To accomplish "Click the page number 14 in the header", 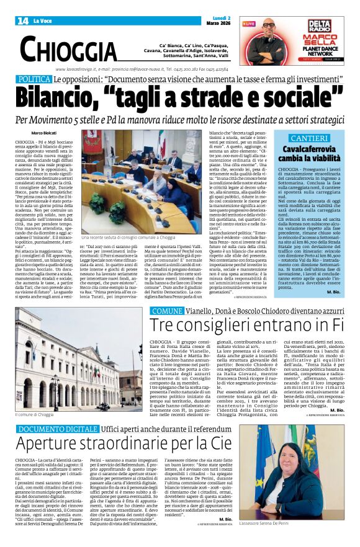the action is point(23,21).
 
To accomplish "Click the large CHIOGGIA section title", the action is point(68,48).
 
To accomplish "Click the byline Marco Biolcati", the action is point(44,133).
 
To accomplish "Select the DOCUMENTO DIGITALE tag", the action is point(58,429).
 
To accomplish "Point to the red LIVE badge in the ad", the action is point(249,24).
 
